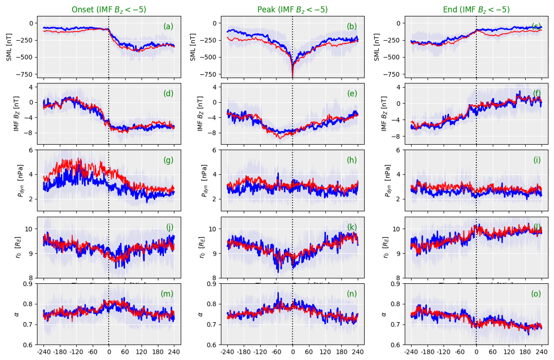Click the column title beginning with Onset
pyautogui.click(x=109, y=10)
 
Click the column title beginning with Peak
pyautogui.click(x=292, y=10)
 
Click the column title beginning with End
pyautogui.click(x=476, y=10)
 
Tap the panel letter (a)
pyautogui.click(x=168, y=27)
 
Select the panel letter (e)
pyautogui.click(x=352, y=93)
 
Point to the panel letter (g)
pyautogui.click(x=168, y=160)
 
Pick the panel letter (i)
pyautogui.click(x=537, y=160)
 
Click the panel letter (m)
pyautogui.click(x=167, y=294)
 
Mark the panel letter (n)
pyautogui.click(x=352, y=294)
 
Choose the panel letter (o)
pyautogui.click(x=536, y=294)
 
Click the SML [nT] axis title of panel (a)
pyautogui.click(x=9, y=47)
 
